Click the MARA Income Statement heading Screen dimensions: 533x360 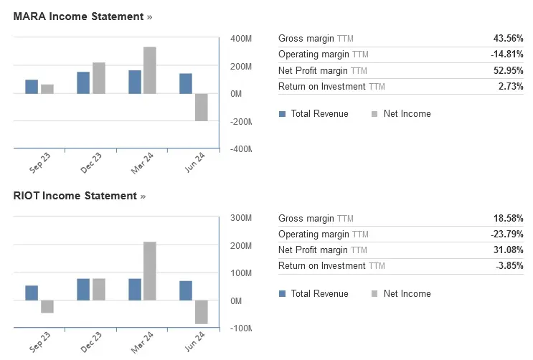pyautogui.click(x=78, y=16)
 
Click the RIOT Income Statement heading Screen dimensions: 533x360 pyautogui.click(x=75, y=196)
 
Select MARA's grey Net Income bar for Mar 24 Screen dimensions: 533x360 pyautogui.click(x=150, y=70)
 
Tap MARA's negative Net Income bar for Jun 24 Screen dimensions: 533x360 pyautogui.click(x=202, y=107)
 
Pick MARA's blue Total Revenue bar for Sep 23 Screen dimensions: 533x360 pyautogui.click(x=32, y=87)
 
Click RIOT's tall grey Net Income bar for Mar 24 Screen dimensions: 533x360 pyautogui.click(x=150, y=271)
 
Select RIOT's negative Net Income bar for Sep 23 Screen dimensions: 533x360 pyautogui.click(x=47, y=306)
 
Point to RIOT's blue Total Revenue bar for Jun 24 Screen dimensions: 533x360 pyautogui.click(x=186, y=290)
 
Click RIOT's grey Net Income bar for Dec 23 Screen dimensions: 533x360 pyautogui.click(x=99, y=289)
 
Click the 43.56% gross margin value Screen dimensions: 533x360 pyautogui.click(x=508, y=38)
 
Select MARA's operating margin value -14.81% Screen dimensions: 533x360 pyautogui.click(x=507, y=54)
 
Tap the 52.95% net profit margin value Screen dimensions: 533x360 pyautogui.click(x=508, y=70)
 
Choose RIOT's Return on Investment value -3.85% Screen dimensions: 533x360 pyautogui.click(x=509, y=265)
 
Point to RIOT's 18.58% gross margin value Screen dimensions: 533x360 pyautogui.click(x=508, y=218)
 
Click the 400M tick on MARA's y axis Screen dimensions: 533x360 pyautogui.click(x=241, y=39)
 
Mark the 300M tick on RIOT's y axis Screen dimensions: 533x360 pyautogui.click(x=241, y=218)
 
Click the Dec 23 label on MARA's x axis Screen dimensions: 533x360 pyautogui.click(x=91, y=163)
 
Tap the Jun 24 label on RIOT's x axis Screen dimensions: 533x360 pyautogui.click(x=194, y=341)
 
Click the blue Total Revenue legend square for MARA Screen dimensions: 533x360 pyautogui.click(x=282, y=114)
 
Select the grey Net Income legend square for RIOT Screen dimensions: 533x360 pyautogui.click(x=374, y=294)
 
